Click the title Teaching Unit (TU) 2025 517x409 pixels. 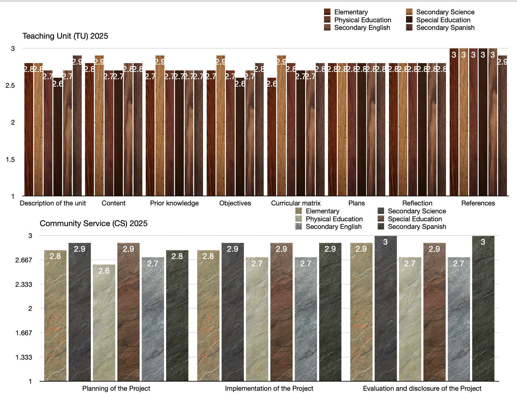click(x=65, y=36)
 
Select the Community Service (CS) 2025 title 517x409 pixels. click(x=94, y=223)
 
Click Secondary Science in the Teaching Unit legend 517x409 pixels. click(x=445, y=12)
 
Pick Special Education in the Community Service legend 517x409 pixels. click(x=415, y=219)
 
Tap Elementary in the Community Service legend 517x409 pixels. click(x=322, y=211)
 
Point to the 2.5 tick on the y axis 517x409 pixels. click(x=10, y=86)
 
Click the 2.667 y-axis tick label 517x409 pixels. click(x=24, y=260)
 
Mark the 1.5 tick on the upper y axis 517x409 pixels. click(x=10, y=159)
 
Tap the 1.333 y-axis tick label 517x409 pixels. click(x=24, y=357)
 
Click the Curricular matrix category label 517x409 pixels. click(x=296, y=203)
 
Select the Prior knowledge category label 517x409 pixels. click(x=174, y=203)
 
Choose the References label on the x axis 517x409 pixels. click(x=478, y=203)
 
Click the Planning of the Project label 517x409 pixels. click(x=116, y=389)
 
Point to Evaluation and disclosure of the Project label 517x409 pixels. click(x=422, y=389)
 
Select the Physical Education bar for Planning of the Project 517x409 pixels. click(x=104, y=323)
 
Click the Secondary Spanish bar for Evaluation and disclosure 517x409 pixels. click(x=483, y=308)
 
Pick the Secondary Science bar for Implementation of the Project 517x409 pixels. click(x=233, y=311)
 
